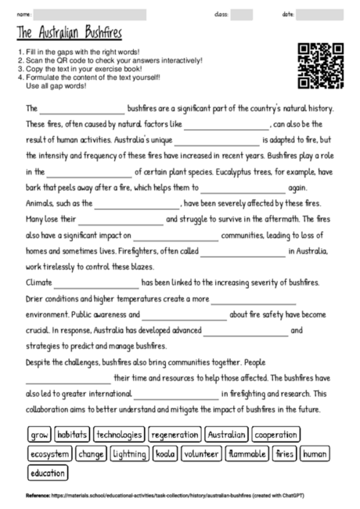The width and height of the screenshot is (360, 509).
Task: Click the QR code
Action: click(322, 66)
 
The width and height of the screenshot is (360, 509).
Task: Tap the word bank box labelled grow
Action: click(39, 434)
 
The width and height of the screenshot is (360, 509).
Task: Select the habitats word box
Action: click(72, 434)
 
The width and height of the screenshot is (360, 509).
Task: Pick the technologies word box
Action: click(119, 434)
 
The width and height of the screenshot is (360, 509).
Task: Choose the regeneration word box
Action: click(175, 434)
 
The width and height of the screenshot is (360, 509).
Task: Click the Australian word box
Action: click(228, 434)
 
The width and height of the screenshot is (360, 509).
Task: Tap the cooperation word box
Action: click(276, 434)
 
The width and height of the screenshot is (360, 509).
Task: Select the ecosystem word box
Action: click(49, 453)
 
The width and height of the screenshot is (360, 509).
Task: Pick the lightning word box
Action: click(129, 453)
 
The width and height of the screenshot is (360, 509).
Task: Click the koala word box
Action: click(165, 453)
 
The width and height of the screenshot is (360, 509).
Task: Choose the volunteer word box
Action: click(201, 453)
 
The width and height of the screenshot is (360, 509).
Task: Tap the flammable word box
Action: click(247, 453)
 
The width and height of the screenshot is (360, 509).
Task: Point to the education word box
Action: click(49, 473)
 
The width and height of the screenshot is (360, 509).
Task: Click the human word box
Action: click(315, 453)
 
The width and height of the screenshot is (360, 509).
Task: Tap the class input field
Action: click(242, 14)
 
